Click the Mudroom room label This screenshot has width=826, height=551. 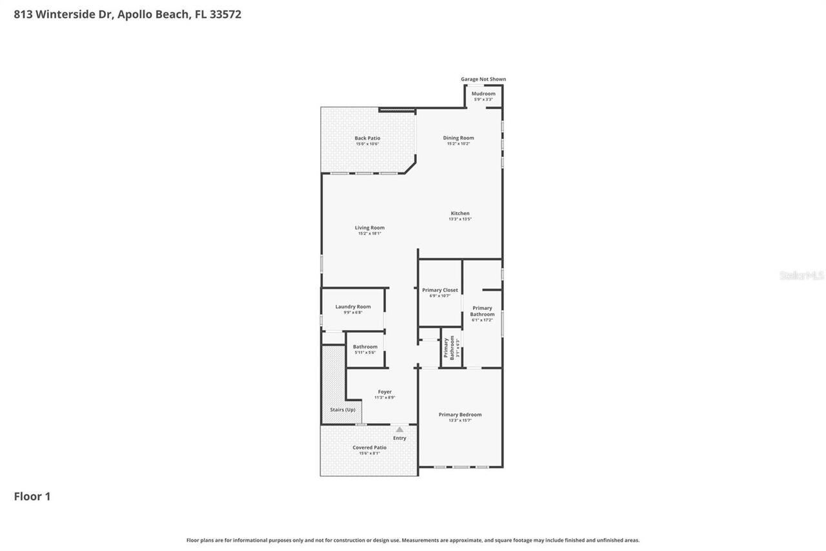[x=483, y=94]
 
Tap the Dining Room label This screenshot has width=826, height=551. [x=458, y=138]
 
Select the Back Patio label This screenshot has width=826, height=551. [x=367, y=138]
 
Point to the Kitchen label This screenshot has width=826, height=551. [x=460, y=213]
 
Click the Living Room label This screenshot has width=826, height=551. [x=370, y=227]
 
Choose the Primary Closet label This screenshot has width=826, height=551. [x=440, y=290]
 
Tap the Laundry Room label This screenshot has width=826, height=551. [x=353, y=307]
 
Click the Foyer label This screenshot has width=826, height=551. [x=385, y=391]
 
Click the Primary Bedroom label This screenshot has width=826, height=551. [x=460, y=415]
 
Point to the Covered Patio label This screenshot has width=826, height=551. [x=370, y=448]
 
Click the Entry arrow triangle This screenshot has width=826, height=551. [x=399, y=430]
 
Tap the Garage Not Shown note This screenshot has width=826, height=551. [x=483, y=79]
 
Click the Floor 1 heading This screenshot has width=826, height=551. [x=32, y=496]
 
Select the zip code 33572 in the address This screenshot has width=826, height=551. [x=225, y=14]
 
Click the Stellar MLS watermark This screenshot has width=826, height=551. [x=801, y=276]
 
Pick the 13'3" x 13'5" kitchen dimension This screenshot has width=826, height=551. [x=460, y=219]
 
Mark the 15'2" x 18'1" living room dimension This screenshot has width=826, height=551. [x=370, y=233]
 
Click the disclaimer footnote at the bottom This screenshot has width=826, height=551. [x=413, y=540]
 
